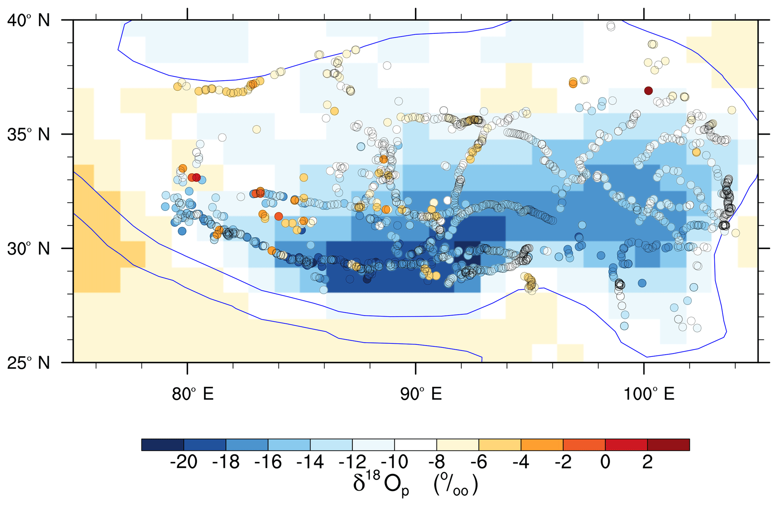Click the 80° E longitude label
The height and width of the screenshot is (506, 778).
pyautogui.click(x=193, y=394)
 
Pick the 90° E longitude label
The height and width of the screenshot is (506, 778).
pyautogui.click(x=421, y=394)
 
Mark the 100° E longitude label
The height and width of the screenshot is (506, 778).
pyautogui.click(x=649, y=394)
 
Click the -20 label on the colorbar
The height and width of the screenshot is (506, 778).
pyautogui.click(x=184, y=462)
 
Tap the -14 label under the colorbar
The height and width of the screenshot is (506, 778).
pyautogui.click(x=310, y=462)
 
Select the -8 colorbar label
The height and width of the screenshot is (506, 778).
pyautogui.click(x=437, y=462)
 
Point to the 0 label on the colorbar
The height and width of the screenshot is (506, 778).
pyautogui.click(x=605, y=462)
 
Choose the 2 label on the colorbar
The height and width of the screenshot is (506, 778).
pyautogui.click(x=647, y=462)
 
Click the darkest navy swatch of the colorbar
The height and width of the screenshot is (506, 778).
pyautogui.click(x=163, y=445)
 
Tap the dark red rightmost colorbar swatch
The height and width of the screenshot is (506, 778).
pyautogui.click(x=668, y=445)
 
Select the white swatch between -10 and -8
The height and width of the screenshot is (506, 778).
pyautogui.click(x=416, y=445)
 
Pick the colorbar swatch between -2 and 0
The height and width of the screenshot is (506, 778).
pyautogui.click(x=584, y=445)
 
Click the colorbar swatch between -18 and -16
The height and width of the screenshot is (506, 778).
pyautogui.click(x=247, y=445)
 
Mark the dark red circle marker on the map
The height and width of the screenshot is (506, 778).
pyautogui.click(x=648, y=91)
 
